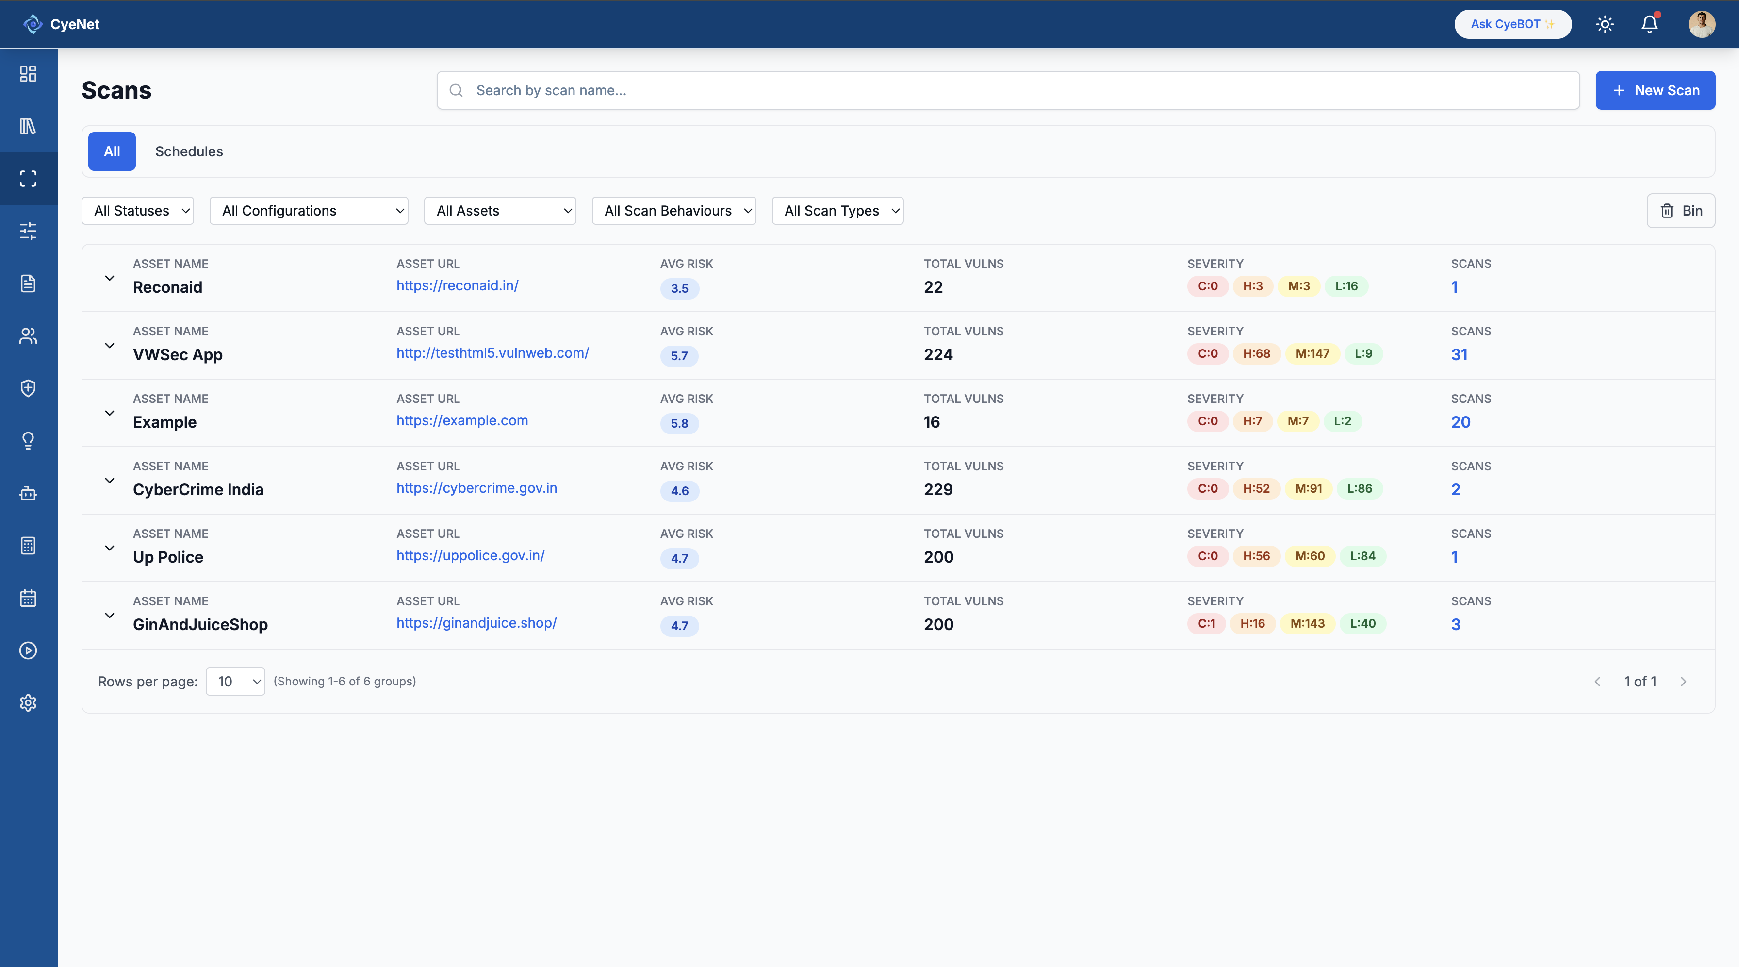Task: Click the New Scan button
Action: pos(1655,90)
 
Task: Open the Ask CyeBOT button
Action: pos(1512,24)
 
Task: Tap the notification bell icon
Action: pos(1649,24)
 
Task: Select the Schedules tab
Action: pos(189,151)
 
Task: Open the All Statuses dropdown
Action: pos(138,211)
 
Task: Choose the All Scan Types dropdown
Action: pos(837,211)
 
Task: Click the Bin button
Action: pos(1680,211)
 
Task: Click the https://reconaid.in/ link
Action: pos(457,285)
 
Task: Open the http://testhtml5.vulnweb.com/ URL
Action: pos(492,353)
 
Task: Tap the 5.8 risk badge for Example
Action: pos(679,423)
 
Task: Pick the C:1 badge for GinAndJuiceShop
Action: pos(1206,623)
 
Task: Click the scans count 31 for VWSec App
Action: pos(1459,354)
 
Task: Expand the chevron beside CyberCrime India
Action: pos(109,480)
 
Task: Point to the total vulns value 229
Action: pos(938,490)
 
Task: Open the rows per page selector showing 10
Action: pos(235,682)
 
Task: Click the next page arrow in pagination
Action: pos(1683,682)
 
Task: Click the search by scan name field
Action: pos(1007,90)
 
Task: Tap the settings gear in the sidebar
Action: pos(28,703)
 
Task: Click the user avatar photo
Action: pos(1701,24)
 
